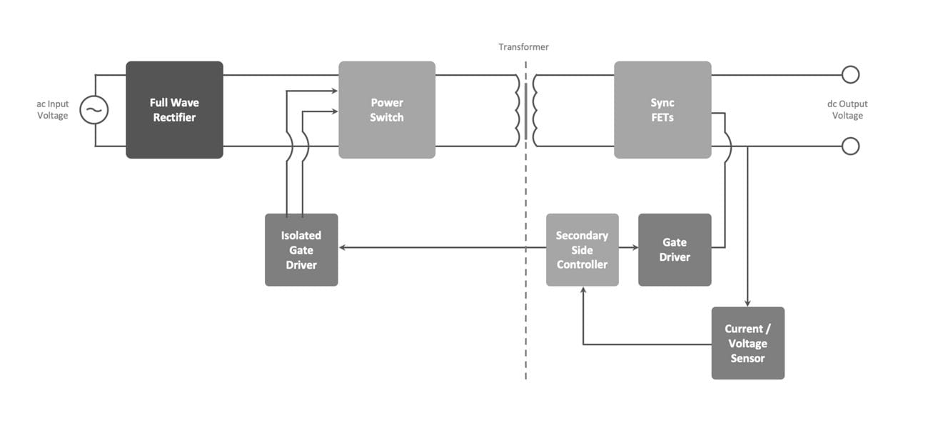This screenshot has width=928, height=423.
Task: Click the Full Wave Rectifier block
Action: coord(174,109)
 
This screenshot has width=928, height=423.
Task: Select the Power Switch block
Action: coord(386,109)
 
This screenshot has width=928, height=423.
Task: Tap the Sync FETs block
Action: coord(662,109)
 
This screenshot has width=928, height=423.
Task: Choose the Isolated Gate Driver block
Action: coord(301,249)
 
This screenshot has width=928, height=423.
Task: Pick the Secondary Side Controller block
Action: coord(582,249)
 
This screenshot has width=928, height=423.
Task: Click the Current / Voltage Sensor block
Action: coord(747,343)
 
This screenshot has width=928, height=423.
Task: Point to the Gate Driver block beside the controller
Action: coord(674,249)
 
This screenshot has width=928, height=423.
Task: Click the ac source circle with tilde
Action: coord(94,110)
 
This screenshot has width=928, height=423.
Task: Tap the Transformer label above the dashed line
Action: coord(523,47)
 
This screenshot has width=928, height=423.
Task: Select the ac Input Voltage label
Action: coord(53,110)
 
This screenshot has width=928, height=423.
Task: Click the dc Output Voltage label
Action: coord(847,110)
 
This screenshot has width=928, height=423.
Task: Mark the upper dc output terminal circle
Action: coord(850,74)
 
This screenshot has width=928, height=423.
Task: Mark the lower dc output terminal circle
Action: coord(850,146)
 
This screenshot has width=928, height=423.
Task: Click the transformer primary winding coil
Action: coord(516,110)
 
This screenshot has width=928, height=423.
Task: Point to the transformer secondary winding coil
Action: coord(535,110)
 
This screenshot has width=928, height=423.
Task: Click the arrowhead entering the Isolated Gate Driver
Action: coord(343,248)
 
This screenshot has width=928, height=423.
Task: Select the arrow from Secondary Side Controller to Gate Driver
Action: coord(628,248)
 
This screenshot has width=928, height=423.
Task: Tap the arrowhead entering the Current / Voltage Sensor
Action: coord(747,303)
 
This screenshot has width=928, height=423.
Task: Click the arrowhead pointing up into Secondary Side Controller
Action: coord(583,291)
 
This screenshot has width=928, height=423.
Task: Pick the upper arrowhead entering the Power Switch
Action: coord(334,91)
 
